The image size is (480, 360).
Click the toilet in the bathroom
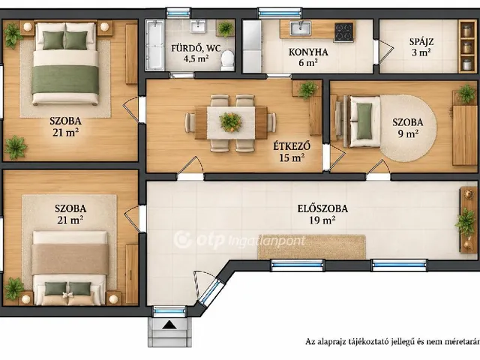pos(227,60)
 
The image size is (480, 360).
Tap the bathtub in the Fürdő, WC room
pos(155,45)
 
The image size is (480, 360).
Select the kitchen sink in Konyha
pos(301,28)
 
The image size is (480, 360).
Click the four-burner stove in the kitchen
pos(343,32)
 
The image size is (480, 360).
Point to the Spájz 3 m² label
pos(421,46)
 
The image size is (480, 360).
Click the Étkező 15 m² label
pos(292,151)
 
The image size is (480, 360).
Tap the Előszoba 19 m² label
pos(322,214)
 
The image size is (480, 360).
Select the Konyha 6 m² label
pos(308,57)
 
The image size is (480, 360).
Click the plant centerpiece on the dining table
pos(230,122)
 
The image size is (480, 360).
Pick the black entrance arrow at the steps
pos(169,325)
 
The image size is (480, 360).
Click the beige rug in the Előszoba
pos(312,247)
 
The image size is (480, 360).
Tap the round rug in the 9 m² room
pos(408,127)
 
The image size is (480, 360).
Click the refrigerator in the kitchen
pos(252,46)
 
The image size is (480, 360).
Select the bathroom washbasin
pos(198,27)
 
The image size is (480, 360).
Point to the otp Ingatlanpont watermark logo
pos(240,241)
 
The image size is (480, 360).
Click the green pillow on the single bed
pos(364,120)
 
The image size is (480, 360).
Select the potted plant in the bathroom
pos(226,28)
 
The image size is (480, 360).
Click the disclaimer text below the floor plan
pos(392,341)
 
